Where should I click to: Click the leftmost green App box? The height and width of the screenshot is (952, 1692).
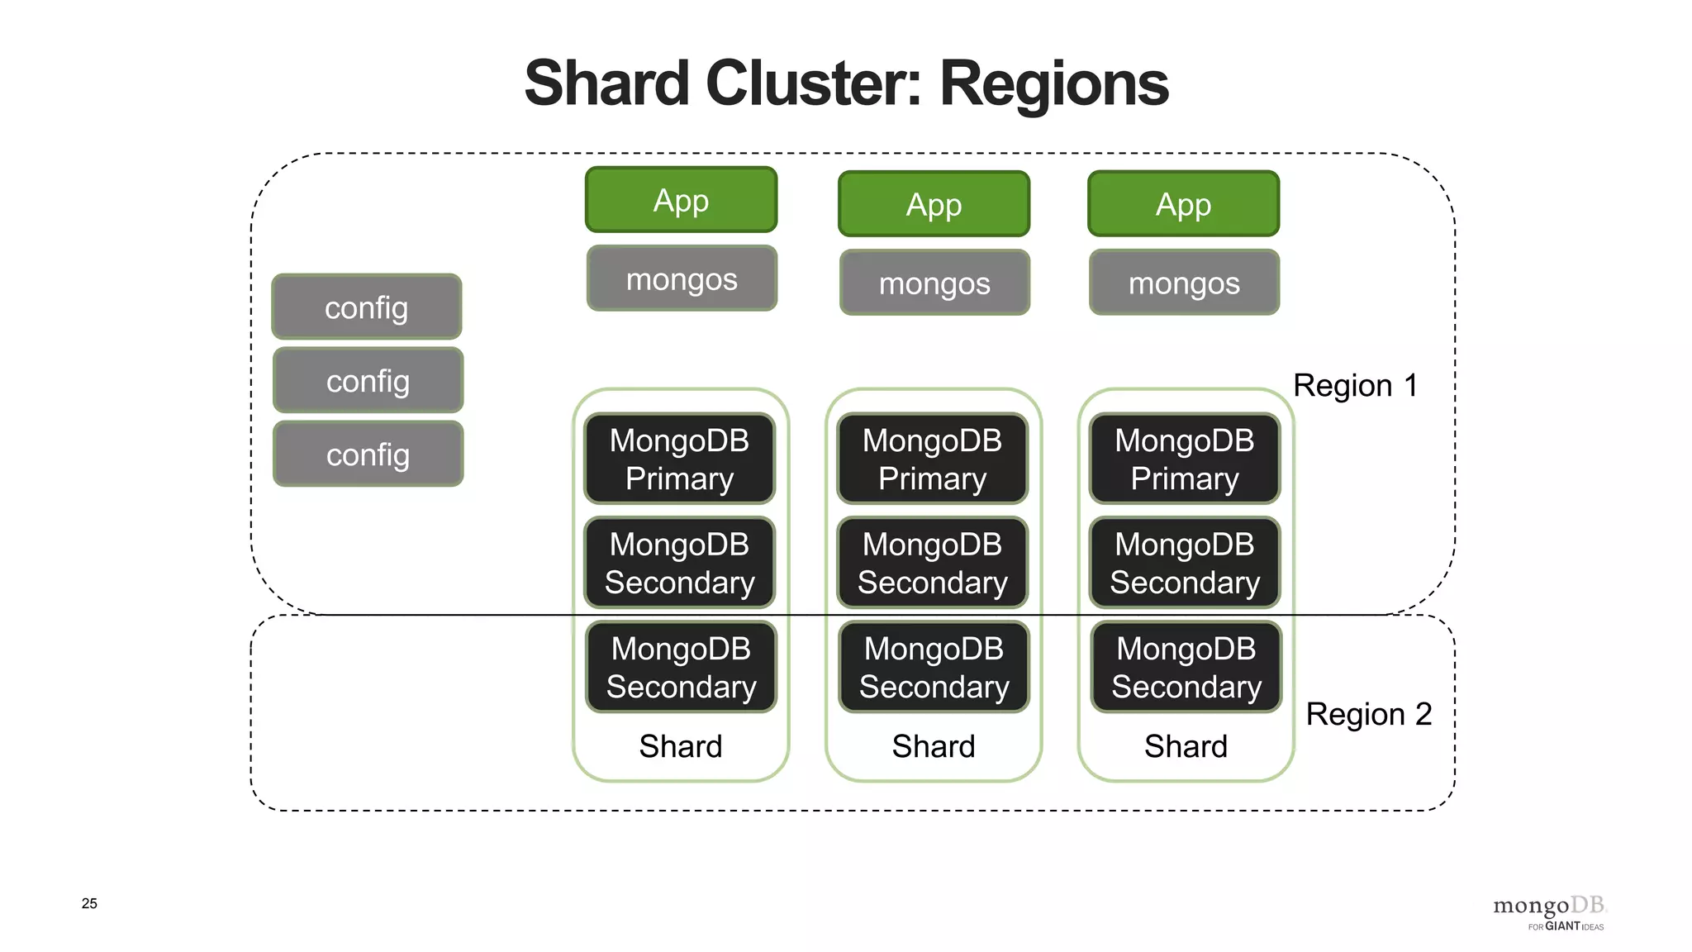tap(681, 200)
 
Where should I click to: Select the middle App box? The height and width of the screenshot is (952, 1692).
tap(934, 204)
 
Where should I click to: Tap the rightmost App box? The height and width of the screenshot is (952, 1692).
tap(1183, 204)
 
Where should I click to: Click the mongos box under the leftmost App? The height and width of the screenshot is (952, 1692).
tap(682, 278)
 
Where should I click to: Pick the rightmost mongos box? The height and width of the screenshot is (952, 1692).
tap(1184, 283)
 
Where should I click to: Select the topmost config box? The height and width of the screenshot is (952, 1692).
tap(367, 307)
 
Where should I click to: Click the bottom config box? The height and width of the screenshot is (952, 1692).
tap(368, 455)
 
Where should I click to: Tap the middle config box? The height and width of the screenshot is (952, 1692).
tap(368, 381)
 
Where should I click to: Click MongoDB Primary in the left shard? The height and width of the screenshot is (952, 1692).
tap(679, 459)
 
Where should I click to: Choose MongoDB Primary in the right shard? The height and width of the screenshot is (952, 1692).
tap(1184, 459)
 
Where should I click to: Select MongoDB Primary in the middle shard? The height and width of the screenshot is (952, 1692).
tap(932, 459)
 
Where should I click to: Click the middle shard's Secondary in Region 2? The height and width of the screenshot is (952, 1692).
tap(934, 667)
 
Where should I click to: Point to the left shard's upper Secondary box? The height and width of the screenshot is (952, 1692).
tap(679, 563)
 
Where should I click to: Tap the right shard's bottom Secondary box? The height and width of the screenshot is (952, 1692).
tap(1186, 667)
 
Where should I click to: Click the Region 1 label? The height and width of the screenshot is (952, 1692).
tap(1355, 386)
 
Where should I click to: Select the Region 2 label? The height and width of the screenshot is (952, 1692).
tap(1368, 714)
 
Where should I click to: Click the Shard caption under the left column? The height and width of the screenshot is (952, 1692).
tap(681, 746)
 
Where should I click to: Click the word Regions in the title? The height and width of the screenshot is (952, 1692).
tap(1054, 84)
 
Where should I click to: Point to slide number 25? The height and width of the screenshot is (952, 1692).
tap(89, 903)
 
